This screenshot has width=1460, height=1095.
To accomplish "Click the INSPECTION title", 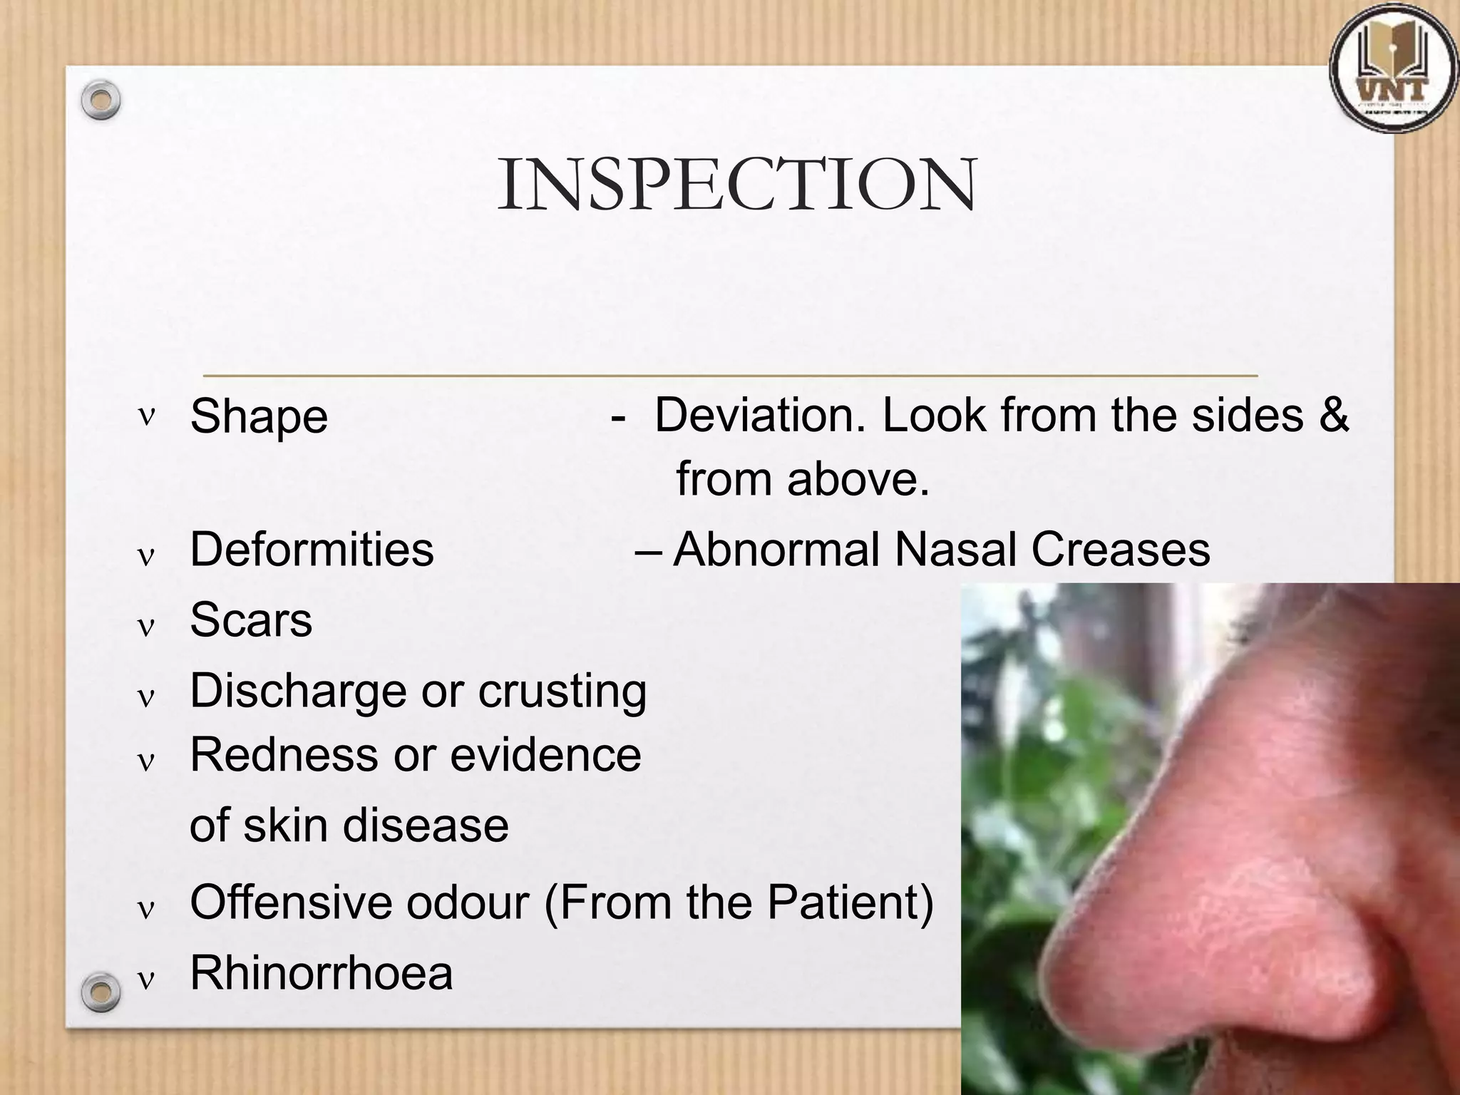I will [x=736, y=185].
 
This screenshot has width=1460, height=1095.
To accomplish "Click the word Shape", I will [x=259, y=416].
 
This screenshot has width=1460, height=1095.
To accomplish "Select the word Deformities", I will [x=312, y=550].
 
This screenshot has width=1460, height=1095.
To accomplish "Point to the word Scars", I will [x=251, y=620].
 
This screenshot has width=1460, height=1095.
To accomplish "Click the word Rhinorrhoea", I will [x=322, y=973].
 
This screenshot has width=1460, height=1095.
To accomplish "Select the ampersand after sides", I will [x=1333, y=415].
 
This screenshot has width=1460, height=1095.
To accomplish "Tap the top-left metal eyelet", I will [x=101, y=101].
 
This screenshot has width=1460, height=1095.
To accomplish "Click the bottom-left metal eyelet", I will [x=101, y=991].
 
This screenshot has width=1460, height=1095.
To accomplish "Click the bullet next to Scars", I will [x=146, y=627].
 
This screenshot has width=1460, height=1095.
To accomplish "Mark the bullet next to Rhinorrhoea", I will [x=146, y=981].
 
